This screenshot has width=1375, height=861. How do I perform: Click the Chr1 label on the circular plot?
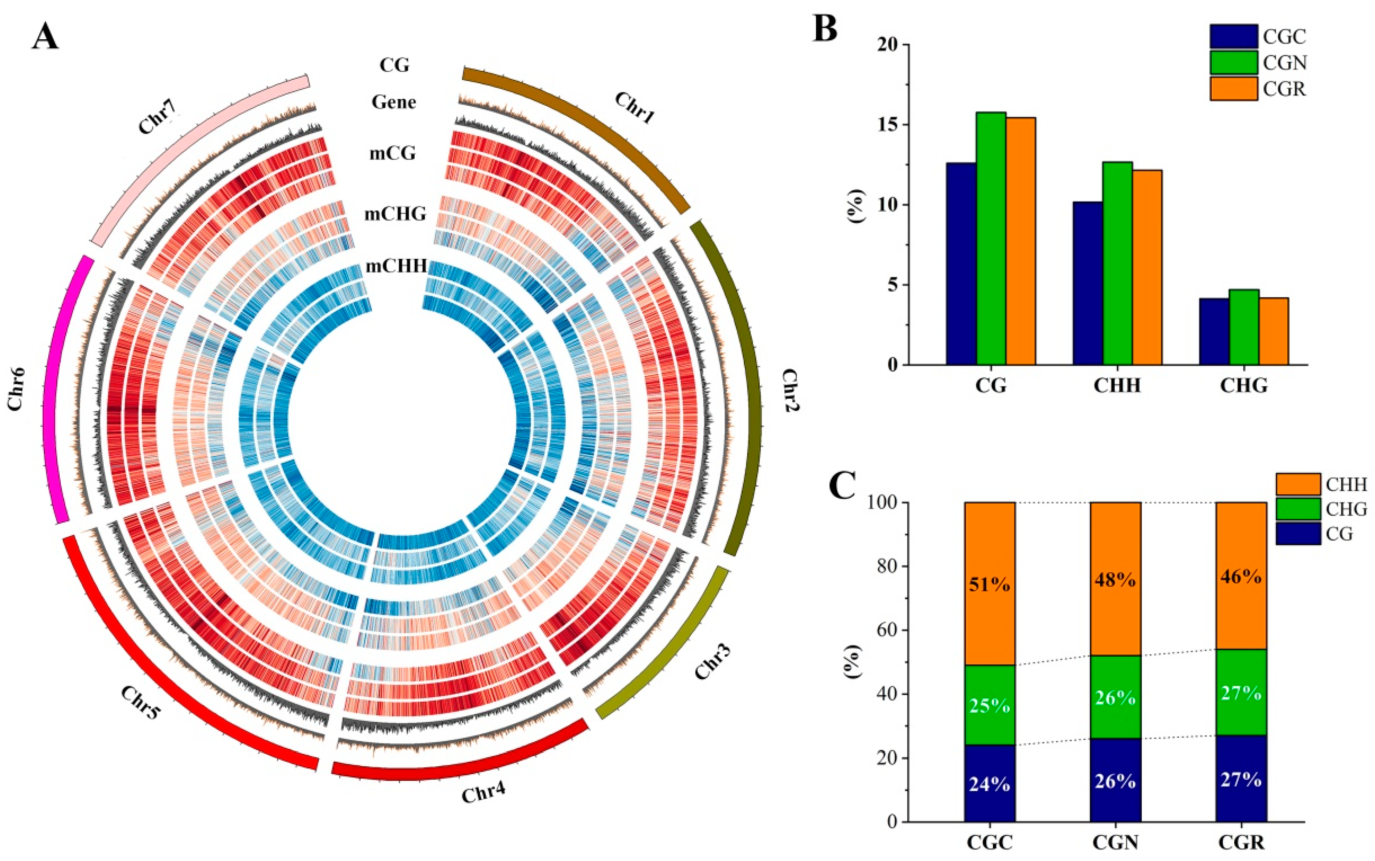634,108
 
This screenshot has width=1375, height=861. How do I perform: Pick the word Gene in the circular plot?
394,102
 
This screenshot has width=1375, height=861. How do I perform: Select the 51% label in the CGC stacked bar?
989,584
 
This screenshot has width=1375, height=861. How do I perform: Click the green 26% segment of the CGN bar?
1115,697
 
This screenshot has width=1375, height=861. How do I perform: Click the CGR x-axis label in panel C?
1242,843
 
